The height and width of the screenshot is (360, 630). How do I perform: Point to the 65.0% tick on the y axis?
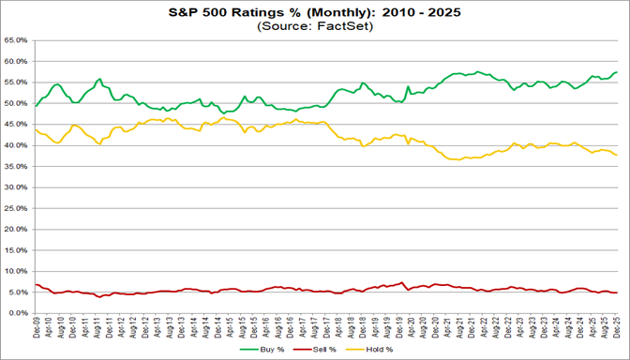point(17,41)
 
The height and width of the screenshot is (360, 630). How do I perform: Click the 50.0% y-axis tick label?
point(17,104)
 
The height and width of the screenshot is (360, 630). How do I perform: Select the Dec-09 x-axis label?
point(36,327)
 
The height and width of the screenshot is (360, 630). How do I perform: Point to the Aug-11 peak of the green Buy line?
point(99,80)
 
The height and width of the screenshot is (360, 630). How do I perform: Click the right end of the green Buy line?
point(617,72)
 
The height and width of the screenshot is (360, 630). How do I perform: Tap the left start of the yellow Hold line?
point(36,129)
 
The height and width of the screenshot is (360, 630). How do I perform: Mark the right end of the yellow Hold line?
point(617,155)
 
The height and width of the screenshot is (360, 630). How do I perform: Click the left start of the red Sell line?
point(36,285)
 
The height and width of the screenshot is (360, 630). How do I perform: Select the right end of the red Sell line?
point(617,293)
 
